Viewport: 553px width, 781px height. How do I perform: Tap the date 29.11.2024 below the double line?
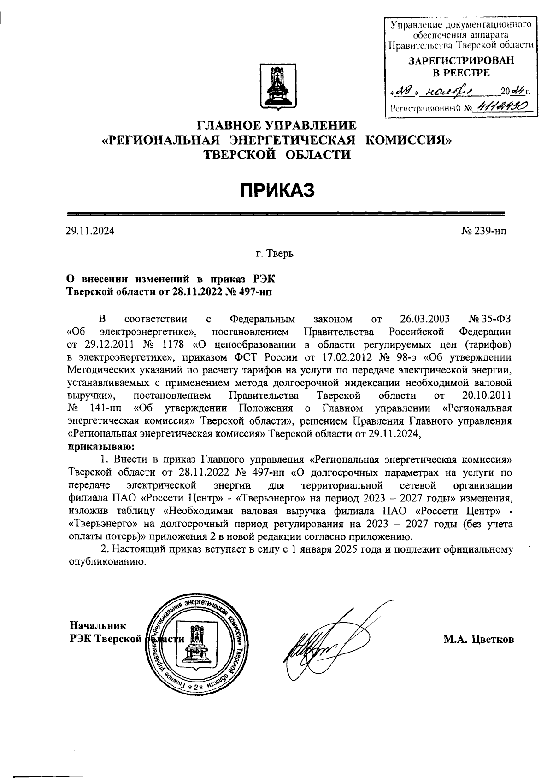coord(90,231)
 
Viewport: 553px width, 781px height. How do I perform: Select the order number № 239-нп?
coord(483,231)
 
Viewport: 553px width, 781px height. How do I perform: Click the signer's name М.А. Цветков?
coord(478,639)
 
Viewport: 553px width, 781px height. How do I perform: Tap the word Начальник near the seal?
coord(97,625)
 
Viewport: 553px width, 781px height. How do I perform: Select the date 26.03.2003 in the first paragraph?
coord(423,319)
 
